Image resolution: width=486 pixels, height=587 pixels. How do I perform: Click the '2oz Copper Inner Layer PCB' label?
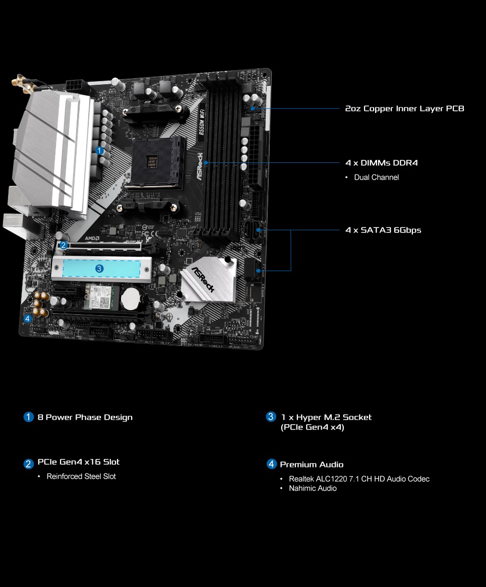(404, 108)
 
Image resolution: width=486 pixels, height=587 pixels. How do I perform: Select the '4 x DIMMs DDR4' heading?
(382, 163)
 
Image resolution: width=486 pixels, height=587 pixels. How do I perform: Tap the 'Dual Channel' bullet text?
(377, 178)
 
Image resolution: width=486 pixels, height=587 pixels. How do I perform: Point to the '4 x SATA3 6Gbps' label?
(384, 230)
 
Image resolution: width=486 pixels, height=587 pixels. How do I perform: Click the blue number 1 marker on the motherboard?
(99, 150)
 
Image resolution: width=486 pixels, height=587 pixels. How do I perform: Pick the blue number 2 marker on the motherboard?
(63, 245)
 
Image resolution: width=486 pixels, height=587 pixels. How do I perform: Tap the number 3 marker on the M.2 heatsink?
(99, 268)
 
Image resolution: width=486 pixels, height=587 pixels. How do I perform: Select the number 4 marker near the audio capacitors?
(27, 319)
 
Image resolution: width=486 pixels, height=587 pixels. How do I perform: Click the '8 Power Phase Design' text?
(85, 418)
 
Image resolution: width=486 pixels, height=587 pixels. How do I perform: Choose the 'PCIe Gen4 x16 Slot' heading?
(79, 462)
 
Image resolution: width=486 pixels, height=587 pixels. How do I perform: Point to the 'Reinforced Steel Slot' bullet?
(81, 476)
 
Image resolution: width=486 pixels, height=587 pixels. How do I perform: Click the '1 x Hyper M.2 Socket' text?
(326, 417)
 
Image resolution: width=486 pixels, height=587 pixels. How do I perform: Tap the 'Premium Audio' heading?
(312, 464)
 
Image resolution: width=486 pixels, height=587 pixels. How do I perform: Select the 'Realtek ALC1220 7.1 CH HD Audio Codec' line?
(359, 479)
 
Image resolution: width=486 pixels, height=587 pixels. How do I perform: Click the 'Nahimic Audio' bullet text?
(313, 488)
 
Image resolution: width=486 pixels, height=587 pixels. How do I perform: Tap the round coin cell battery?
(130, 298)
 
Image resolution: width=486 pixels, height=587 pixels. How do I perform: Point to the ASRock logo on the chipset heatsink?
(203, 279)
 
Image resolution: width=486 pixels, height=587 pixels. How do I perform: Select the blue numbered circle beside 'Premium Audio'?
(271, 464)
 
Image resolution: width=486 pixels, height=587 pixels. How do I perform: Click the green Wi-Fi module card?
(99, 297)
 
